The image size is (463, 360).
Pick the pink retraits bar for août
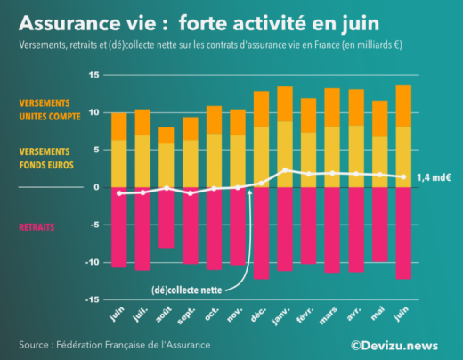pyautogui.click(x=167, y=217)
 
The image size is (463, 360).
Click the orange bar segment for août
pyautogui.click(x=167, y=135)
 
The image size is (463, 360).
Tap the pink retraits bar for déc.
pyautogui.click(x=261, y=233)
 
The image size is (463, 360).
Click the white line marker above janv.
pyautogui.click(x=284, y=170)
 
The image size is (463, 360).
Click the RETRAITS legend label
pyautogui.click(x=37, y=227)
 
